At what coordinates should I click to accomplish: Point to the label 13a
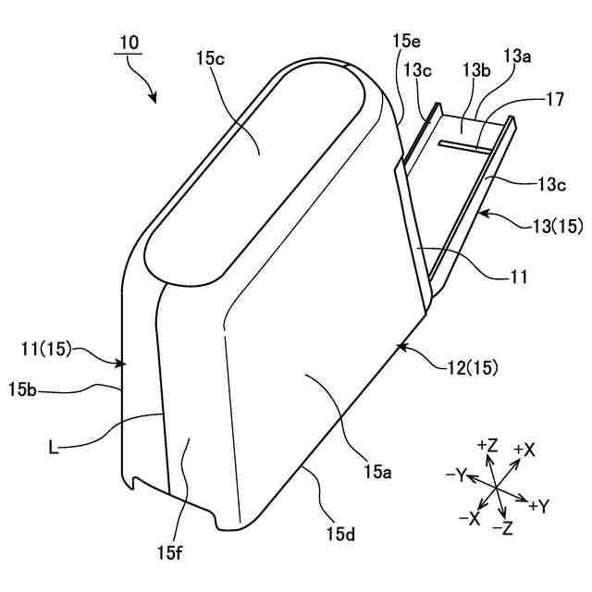pos(518,56)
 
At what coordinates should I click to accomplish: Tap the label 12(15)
pos(466,366)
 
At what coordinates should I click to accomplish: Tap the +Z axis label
pos(486,446)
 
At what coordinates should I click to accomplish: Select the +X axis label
pos(524,450)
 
